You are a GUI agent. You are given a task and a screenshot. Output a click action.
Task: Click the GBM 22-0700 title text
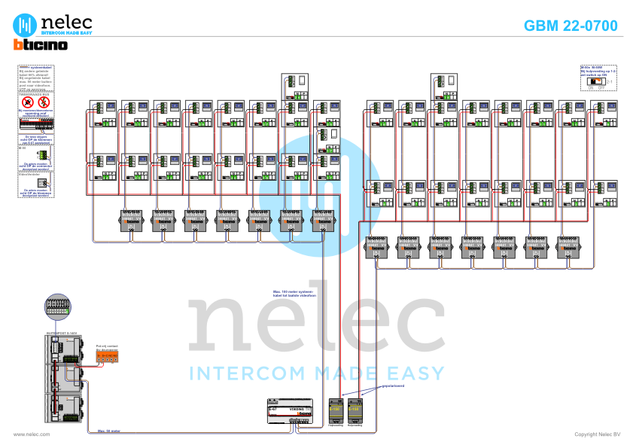[x=571, y=26]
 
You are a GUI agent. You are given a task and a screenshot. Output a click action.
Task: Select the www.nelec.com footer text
[x=32, y=434]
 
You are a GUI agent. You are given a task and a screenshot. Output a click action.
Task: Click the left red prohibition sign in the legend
[x=28, y=102]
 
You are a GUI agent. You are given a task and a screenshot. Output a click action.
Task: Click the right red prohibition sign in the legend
[x=43, y=102]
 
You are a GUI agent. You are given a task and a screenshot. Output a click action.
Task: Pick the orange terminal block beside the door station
[x=106, y=355]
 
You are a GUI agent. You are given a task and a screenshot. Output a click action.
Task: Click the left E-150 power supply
[x=335, y=410]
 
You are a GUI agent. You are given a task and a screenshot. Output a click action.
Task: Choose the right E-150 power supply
[x=355, y=410]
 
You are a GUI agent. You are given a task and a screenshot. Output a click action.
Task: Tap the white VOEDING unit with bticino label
[x=290, y=410]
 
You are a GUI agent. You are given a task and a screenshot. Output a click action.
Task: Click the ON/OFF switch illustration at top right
[x=597, y=80]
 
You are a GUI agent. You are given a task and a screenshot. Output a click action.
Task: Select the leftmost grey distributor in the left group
[x=132, y=221]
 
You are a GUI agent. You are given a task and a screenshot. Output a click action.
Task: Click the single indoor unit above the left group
[x=295, y=87]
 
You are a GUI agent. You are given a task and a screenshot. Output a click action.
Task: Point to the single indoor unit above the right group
[x=444, y=87]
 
